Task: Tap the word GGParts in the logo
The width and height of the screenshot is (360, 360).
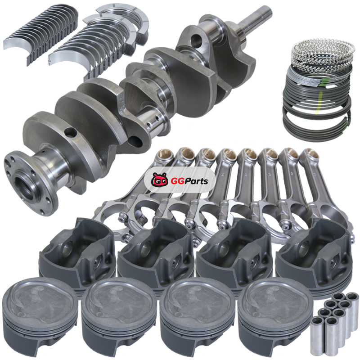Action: coord(189,181)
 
